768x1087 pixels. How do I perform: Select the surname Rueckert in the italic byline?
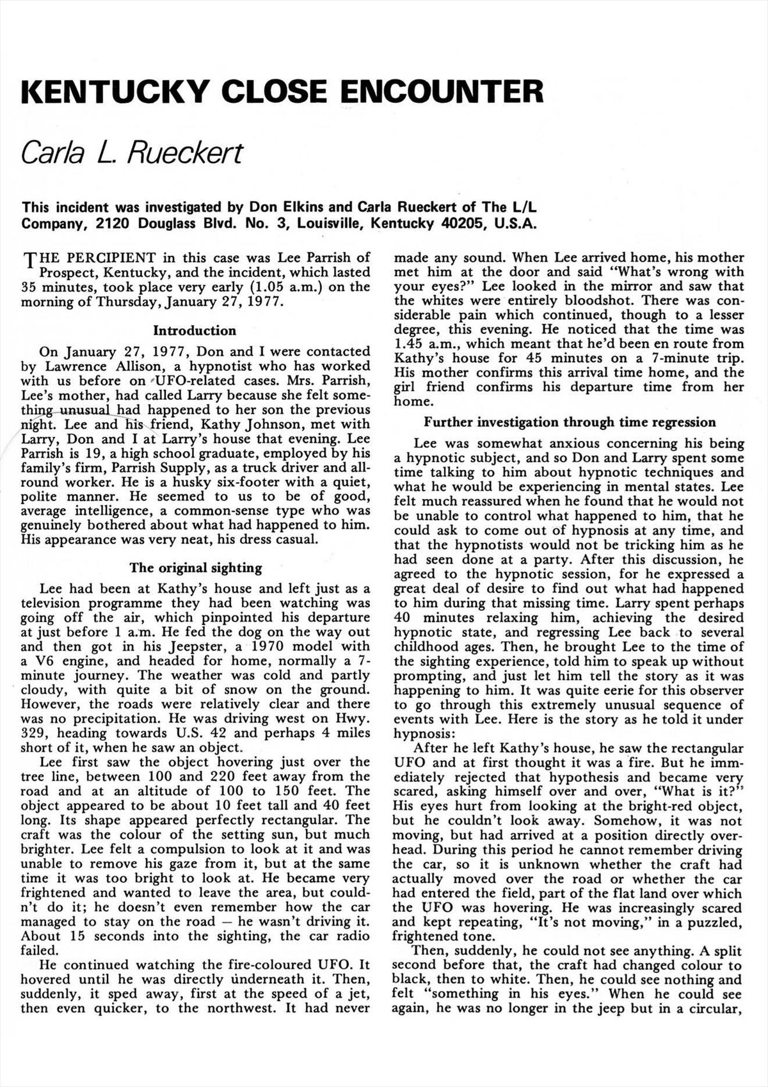[186, 152]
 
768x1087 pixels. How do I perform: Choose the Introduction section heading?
[195, 331]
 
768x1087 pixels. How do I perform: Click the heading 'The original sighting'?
[195, 567]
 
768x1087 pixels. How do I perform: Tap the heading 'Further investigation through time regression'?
[570, 422]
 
